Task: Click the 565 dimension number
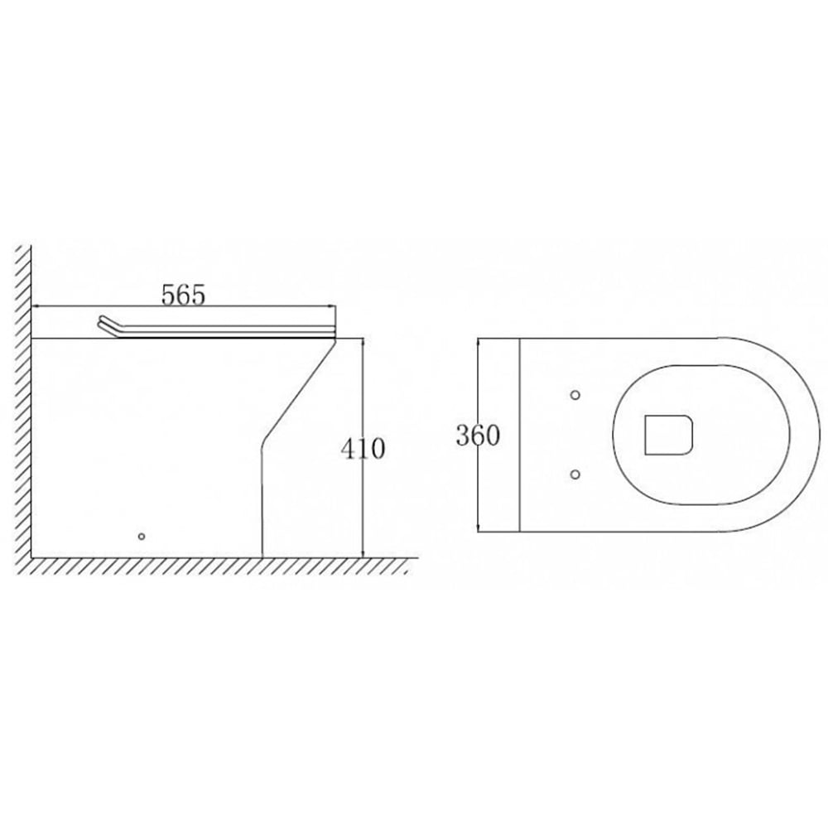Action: [183, 294]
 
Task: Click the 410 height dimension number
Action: [363, 449]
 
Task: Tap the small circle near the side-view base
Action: [141, 537]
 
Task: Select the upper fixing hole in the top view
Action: [576, 394]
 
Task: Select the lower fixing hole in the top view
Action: [576, 474]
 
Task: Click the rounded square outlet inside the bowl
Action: [667, 434]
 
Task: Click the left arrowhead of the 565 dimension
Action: [36, 307]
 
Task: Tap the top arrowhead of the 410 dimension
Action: [363, 342]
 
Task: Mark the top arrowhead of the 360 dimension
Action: [480, 342]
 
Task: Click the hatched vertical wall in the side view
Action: [23, 397]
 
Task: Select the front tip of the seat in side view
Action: [333, 332]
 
